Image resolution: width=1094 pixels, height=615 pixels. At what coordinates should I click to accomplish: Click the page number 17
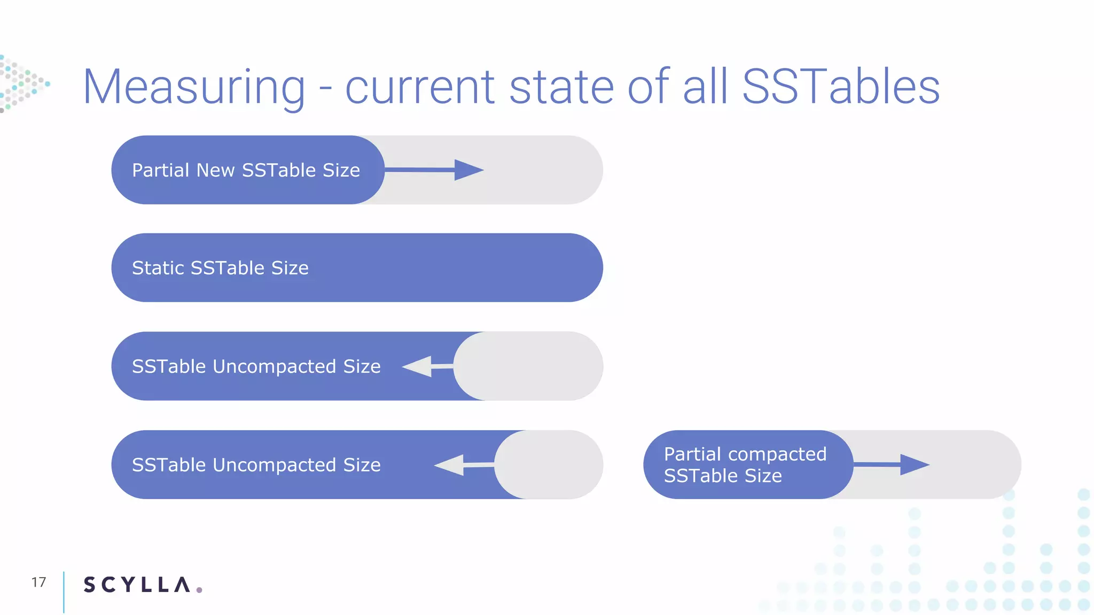point(38,582)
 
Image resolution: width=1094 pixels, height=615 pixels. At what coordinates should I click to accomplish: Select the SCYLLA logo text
point(137,585)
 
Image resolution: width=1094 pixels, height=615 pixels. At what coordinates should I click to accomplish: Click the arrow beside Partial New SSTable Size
point(434,170)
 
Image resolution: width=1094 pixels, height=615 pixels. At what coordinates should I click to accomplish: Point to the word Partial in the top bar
point(161,170)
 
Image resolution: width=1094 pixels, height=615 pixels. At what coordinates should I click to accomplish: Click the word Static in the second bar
point(158,268)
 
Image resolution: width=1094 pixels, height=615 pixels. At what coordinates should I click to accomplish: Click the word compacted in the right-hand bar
point(777,454)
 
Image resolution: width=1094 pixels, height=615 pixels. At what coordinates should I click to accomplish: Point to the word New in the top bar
point(215,170)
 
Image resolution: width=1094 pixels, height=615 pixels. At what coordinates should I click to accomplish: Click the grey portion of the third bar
point(529,366)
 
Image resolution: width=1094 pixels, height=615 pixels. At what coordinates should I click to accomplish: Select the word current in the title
point(420,88)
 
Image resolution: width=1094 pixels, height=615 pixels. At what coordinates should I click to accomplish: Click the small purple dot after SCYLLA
point(199,589)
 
